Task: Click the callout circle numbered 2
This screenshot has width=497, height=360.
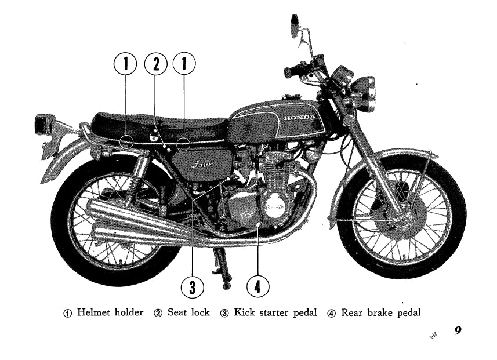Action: tap(155, 64)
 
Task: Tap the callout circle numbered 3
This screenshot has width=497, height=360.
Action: tap(193, 287)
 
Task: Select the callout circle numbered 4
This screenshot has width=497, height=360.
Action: tap(257, 286)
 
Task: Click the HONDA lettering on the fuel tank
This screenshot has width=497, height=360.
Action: tap(299, 118)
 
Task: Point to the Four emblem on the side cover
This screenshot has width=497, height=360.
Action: tap(202, 164)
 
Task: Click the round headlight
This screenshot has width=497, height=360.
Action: tap(365, 93)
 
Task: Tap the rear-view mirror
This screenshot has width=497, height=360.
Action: tap(295, 26)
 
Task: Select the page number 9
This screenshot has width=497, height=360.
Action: tap(458, 330)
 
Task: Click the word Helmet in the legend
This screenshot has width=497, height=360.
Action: tap(94, 312)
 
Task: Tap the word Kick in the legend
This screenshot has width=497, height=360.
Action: tap(244, 312)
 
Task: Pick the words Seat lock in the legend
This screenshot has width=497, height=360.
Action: tap(188, 312)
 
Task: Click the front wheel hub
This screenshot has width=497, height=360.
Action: tap(403, 219)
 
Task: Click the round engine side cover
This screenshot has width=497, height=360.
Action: tap(274, 206)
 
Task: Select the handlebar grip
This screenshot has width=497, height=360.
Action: tap(292, 71)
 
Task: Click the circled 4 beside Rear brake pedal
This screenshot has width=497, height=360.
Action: tap(331, 313)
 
